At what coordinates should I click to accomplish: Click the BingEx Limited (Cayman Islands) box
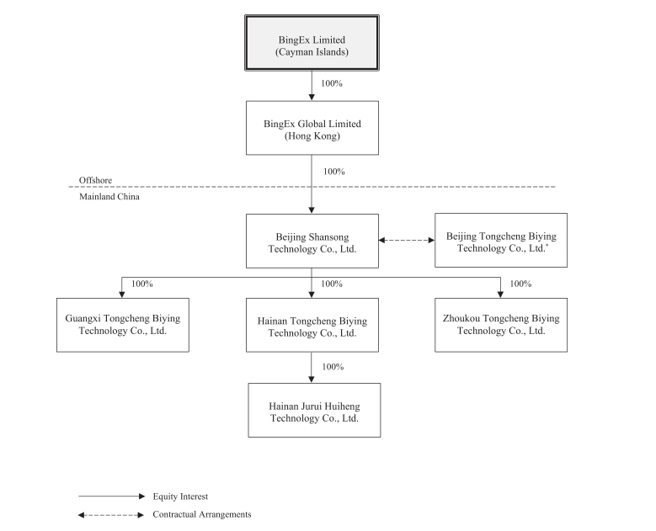tap(312, 43)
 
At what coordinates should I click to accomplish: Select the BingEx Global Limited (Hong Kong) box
tap(312, 128)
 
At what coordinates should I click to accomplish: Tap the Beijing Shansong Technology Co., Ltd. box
tap(312, 242)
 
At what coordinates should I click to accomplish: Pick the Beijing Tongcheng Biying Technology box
tap(501, 241)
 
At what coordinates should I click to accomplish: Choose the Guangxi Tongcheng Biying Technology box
tap(123, 325)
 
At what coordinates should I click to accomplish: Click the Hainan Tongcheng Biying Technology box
tap(312, 325)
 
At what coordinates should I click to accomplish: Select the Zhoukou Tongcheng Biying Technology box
tap(501, 325)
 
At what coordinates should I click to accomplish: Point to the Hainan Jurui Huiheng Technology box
tap(314, 410)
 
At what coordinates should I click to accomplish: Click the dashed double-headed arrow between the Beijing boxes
tap(407, 240)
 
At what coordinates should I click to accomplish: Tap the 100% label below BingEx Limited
tap(332, 83)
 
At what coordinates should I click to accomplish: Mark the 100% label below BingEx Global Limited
tap(333, 172)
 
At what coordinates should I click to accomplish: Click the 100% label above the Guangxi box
tap(142, 284)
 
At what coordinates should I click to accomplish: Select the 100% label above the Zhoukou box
tap(520, 284)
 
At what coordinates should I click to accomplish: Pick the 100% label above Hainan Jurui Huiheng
tap(333, 367)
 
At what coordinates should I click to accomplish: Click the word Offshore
tap(95, 180)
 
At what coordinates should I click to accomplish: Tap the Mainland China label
tap(109, 197)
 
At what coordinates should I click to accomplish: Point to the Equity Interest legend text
tap(180, 496)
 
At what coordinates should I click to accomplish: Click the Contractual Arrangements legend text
tap(201, 514)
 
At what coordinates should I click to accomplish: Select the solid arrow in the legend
tap(112, 496)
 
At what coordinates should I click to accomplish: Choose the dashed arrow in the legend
tap(111, 515)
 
